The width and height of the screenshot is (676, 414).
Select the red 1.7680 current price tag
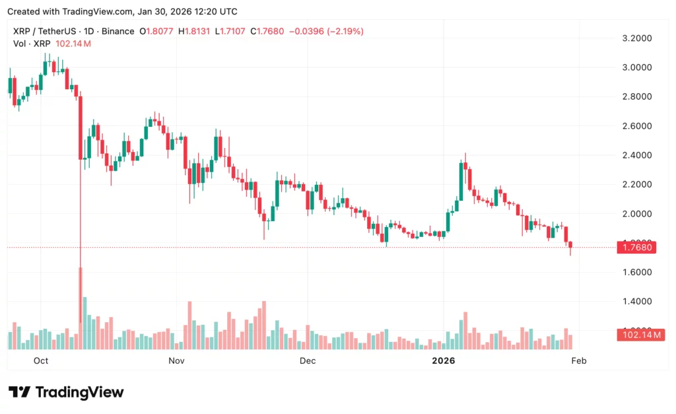click(634, 248)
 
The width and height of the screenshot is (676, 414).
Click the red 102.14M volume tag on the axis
click(634, 335)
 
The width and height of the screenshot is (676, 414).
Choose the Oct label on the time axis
click(41, 361)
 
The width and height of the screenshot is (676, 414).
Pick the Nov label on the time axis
click(176, 361)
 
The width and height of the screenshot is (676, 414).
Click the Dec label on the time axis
click(307, 361)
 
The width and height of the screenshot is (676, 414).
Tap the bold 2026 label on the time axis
click(443, 361)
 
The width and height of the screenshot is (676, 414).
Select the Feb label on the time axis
click(578, 361)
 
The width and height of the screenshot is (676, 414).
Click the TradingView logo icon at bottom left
click(19, 392)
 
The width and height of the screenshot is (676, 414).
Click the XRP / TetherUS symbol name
click(43, 31)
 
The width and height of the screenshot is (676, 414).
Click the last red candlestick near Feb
click(570, 246)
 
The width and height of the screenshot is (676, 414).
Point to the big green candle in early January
click(461, 180)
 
